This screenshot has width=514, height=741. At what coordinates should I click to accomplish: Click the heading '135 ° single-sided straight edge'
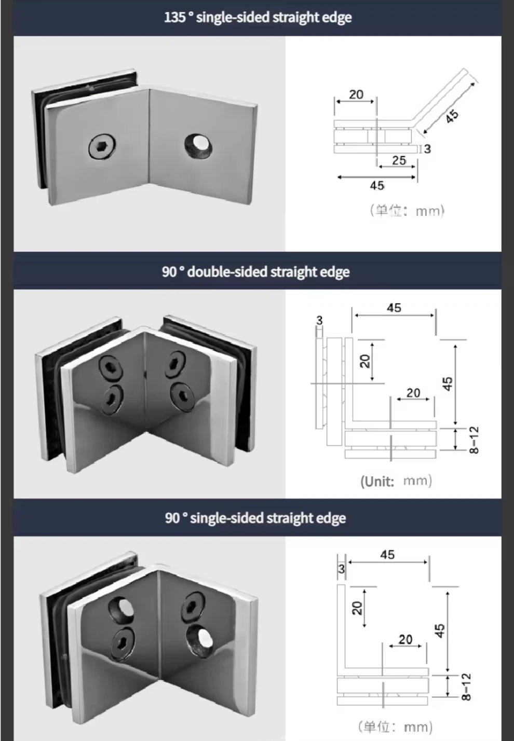click(258, 18)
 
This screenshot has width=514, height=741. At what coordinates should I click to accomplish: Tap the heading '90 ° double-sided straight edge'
click(255, 272)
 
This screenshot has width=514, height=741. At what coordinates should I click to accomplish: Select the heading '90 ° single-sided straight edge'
click(255, 518)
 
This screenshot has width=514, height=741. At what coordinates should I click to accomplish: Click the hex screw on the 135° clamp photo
click(102, 146)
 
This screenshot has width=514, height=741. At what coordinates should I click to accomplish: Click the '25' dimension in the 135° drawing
click(399, 160)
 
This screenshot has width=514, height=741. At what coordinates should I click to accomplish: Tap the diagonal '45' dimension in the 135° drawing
click(452, 116)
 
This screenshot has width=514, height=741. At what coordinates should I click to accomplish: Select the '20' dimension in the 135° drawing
click(356, 94)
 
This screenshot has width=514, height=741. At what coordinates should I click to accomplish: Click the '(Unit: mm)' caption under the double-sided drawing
click(396, 482)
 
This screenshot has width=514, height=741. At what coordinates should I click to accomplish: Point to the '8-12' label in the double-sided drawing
click(474, 440)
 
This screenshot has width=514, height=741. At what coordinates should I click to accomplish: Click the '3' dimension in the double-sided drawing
click(319, 320)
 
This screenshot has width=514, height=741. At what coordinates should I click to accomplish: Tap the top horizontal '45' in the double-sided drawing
click(394, 308)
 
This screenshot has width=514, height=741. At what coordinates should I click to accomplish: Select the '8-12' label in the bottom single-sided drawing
click(466, 687)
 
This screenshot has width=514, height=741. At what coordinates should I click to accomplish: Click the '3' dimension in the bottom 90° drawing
click(341, 569)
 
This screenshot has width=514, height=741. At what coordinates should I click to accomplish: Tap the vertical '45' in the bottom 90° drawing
click(439, 631)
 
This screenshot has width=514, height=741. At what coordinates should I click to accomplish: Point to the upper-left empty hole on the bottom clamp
click(121, 609)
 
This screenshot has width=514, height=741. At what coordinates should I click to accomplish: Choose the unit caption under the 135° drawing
click(407, 211)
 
